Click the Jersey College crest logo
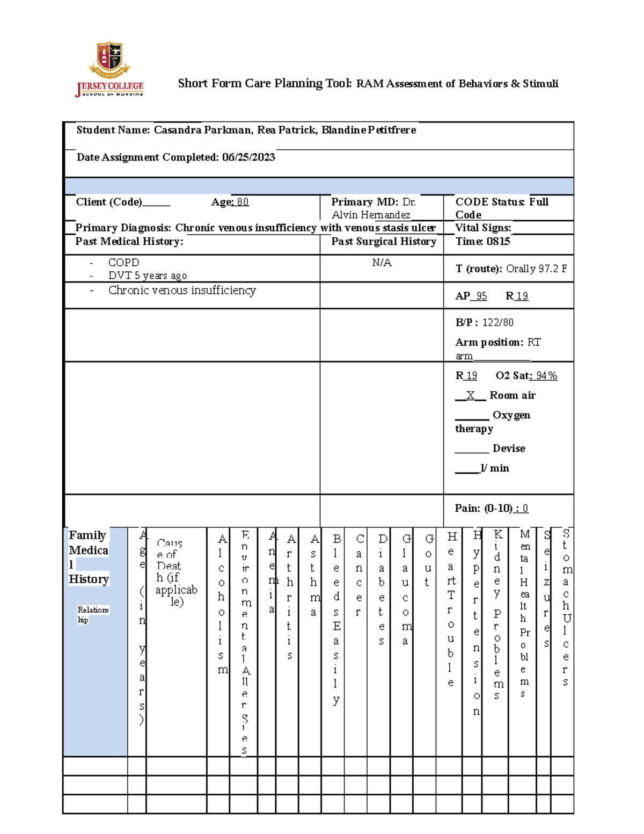click(109, 60)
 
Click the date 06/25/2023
click(248, 157)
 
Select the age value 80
click(243, 202)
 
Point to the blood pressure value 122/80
click(497, 322)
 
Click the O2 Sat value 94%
click(546, 375)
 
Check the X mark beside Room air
click(470, 395)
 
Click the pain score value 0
click(525, 508)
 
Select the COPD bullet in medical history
click(123, 263)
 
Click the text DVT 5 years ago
click(148, 275)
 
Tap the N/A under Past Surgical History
click(382, 263)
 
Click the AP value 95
click(481, 296)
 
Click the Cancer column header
click(359, 575)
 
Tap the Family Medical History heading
click(89, 557)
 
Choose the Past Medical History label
click(129, 242)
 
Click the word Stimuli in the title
click(540, 84)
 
